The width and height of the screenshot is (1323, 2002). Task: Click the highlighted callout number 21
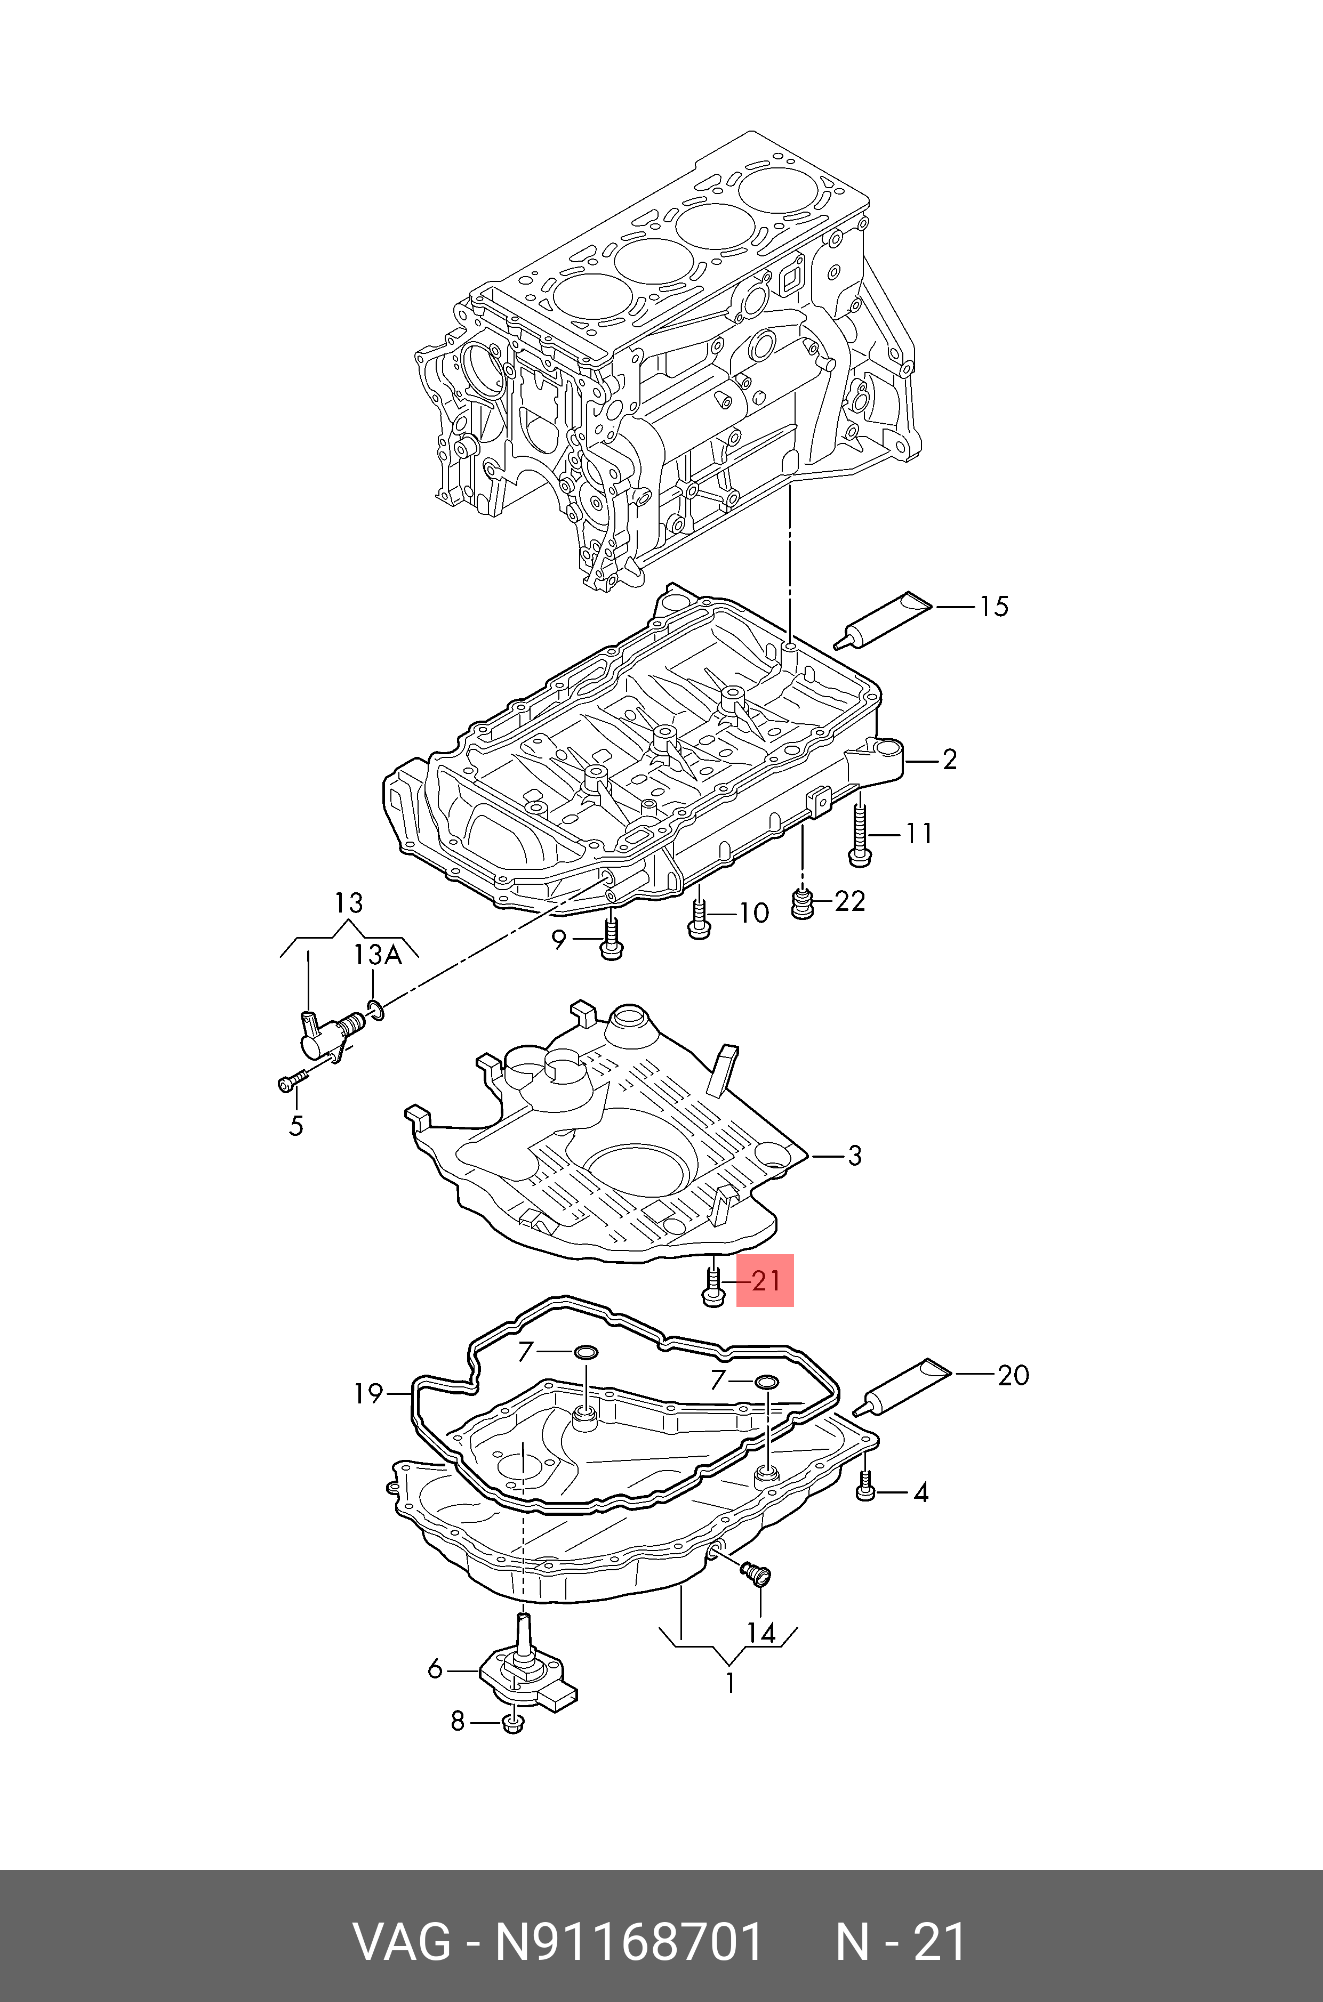click(x=765, y=1280)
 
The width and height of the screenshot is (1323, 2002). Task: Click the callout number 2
click(x=949, y=760)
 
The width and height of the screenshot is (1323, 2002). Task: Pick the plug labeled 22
click(x=803, y=905)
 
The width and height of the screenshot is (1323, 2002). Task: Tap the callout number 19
click(x=368, y=1393)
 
